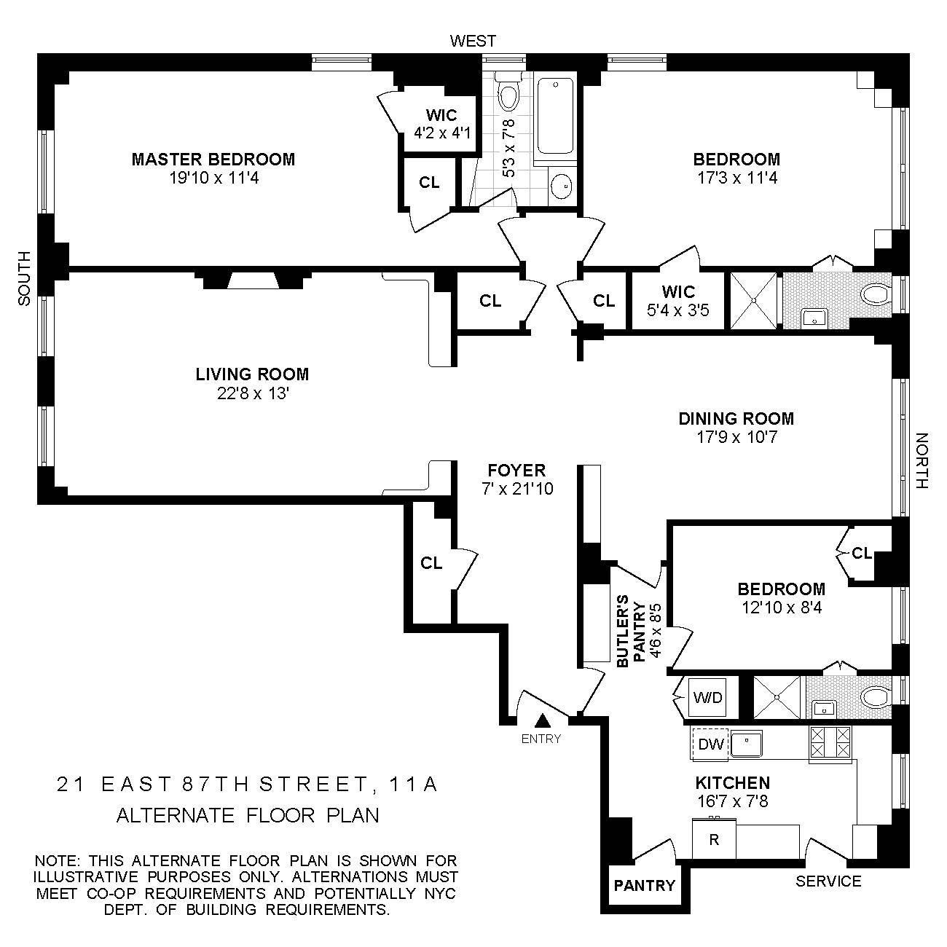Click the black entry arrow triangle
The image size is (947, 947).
click(x=542, y=721)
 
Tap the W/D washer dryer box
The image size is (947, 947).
click(x=707, y=698)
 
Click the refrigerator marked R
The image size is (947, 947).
click(x=714, y=840)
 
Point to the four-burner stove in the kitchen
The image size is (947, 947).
click(x=830, y=743)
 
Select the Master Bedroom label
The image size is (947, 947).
click(x=213, y=159)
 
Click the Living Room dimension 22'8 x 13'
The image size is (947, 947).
click(x=252, y=394)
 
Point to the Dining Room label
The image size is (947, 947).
click(x=736, y=418)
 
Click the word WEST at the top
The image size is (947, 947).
click(x=473, y=42)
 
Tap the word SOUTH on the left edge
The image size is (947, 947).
click(x=25, y=278)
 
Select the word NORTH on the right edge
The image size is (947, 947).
click(x=922, y=461)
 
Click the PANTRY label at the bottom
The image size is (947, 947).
click(x=644, y=885)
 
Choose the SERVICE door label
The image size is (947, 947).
click(x=828, y=881)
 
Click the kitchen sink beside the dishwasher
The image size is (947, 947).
click(x=746, y=744)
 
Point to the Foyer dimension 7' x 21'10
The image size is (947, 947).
click(x=517, y=489)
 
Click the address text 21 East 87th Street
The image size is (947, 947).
click(x=248, y=785)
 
